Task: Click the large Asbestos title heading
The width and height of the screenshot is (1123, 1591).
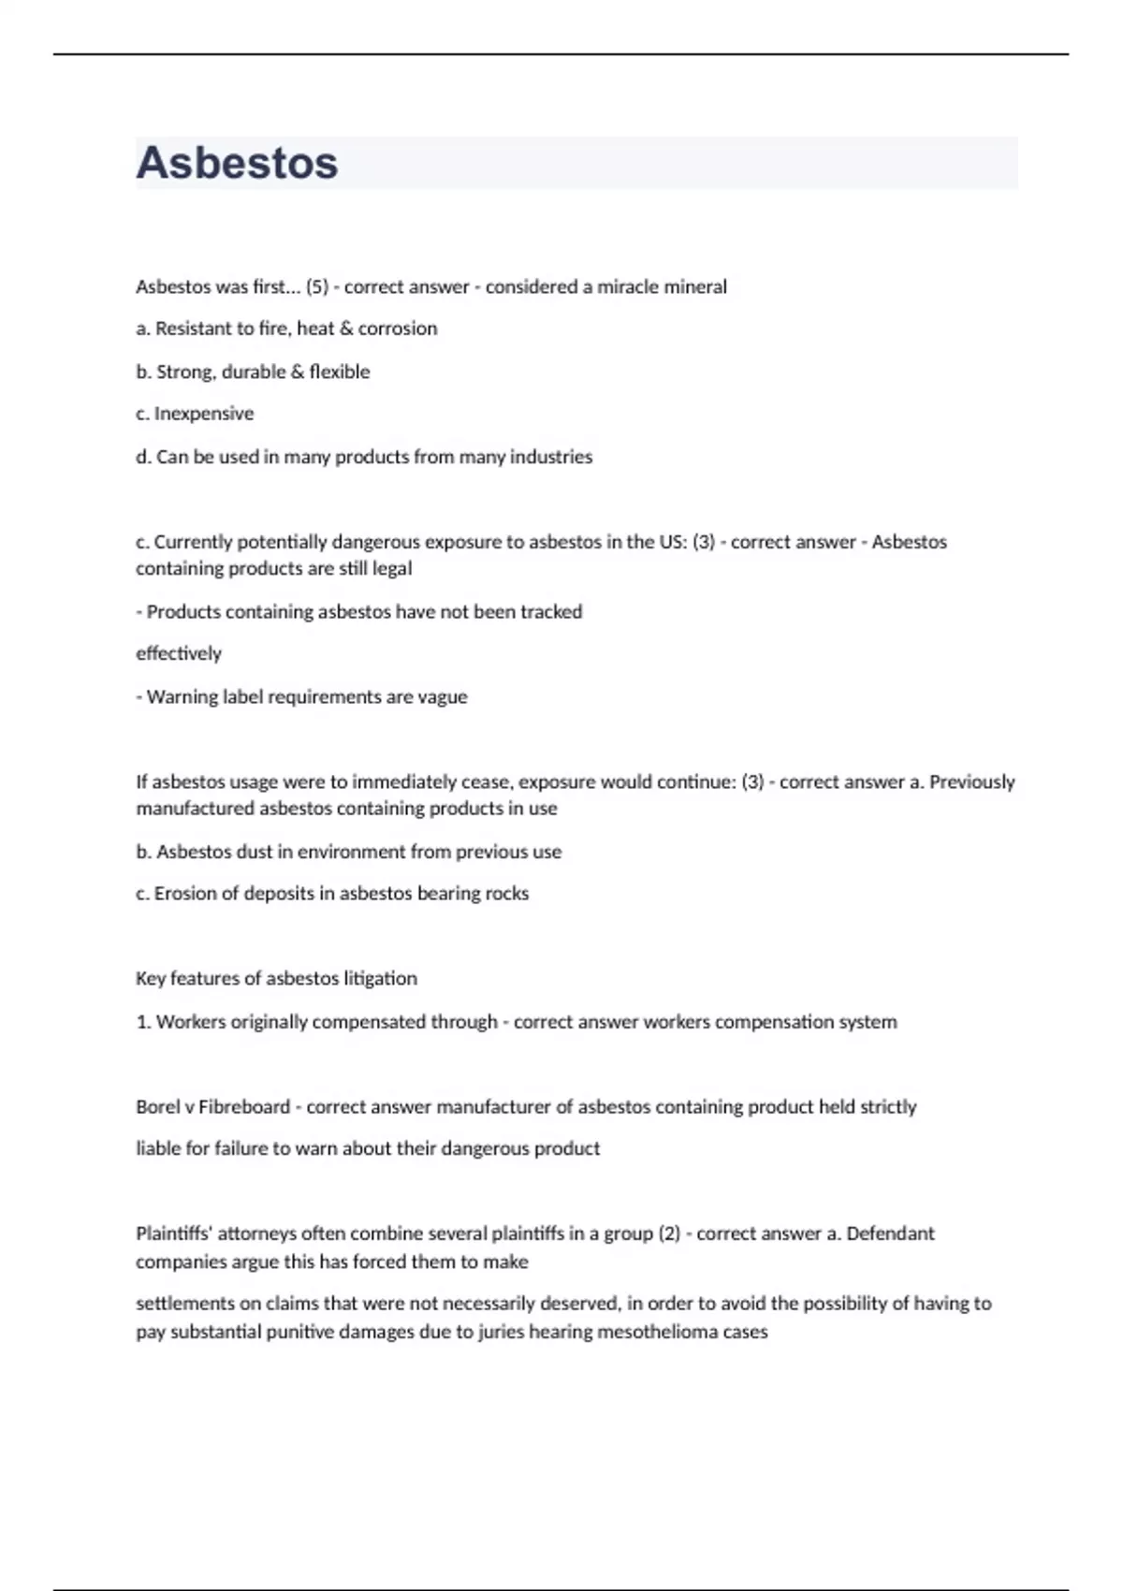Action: pyautogui.click(x=237, y=163)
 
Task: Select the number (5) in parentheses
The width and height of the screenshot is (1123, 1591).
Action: pyautogui.click(x=317, y=287)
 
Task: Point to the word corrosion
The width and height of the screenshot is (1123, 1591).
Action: pyautogui.click(x=398, y=328)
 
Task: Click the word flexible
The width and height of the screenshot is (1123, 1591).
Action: pyautogui.click(x=340, y=372)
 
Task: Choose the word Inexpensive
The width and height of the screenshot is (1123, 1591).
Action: pyautogui.click(x=204, y=414)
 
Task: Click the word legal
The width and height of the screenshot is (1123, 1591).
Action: pyautogui.click(x=392, y=568)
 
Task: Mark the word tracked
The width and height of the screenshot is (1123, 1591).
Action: pyautogui.click(x=551, y=612)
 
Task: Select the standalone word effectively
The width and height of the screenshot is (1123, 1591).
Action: pyautogui.click(x=179, y=653)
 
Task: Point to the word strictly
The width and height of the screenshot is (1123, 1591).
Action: pyautogui.click(x=888, y=1107)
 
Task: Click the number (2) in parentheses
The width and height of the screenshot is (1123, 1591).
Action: pyautogui.click(x=669, y=1233)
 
